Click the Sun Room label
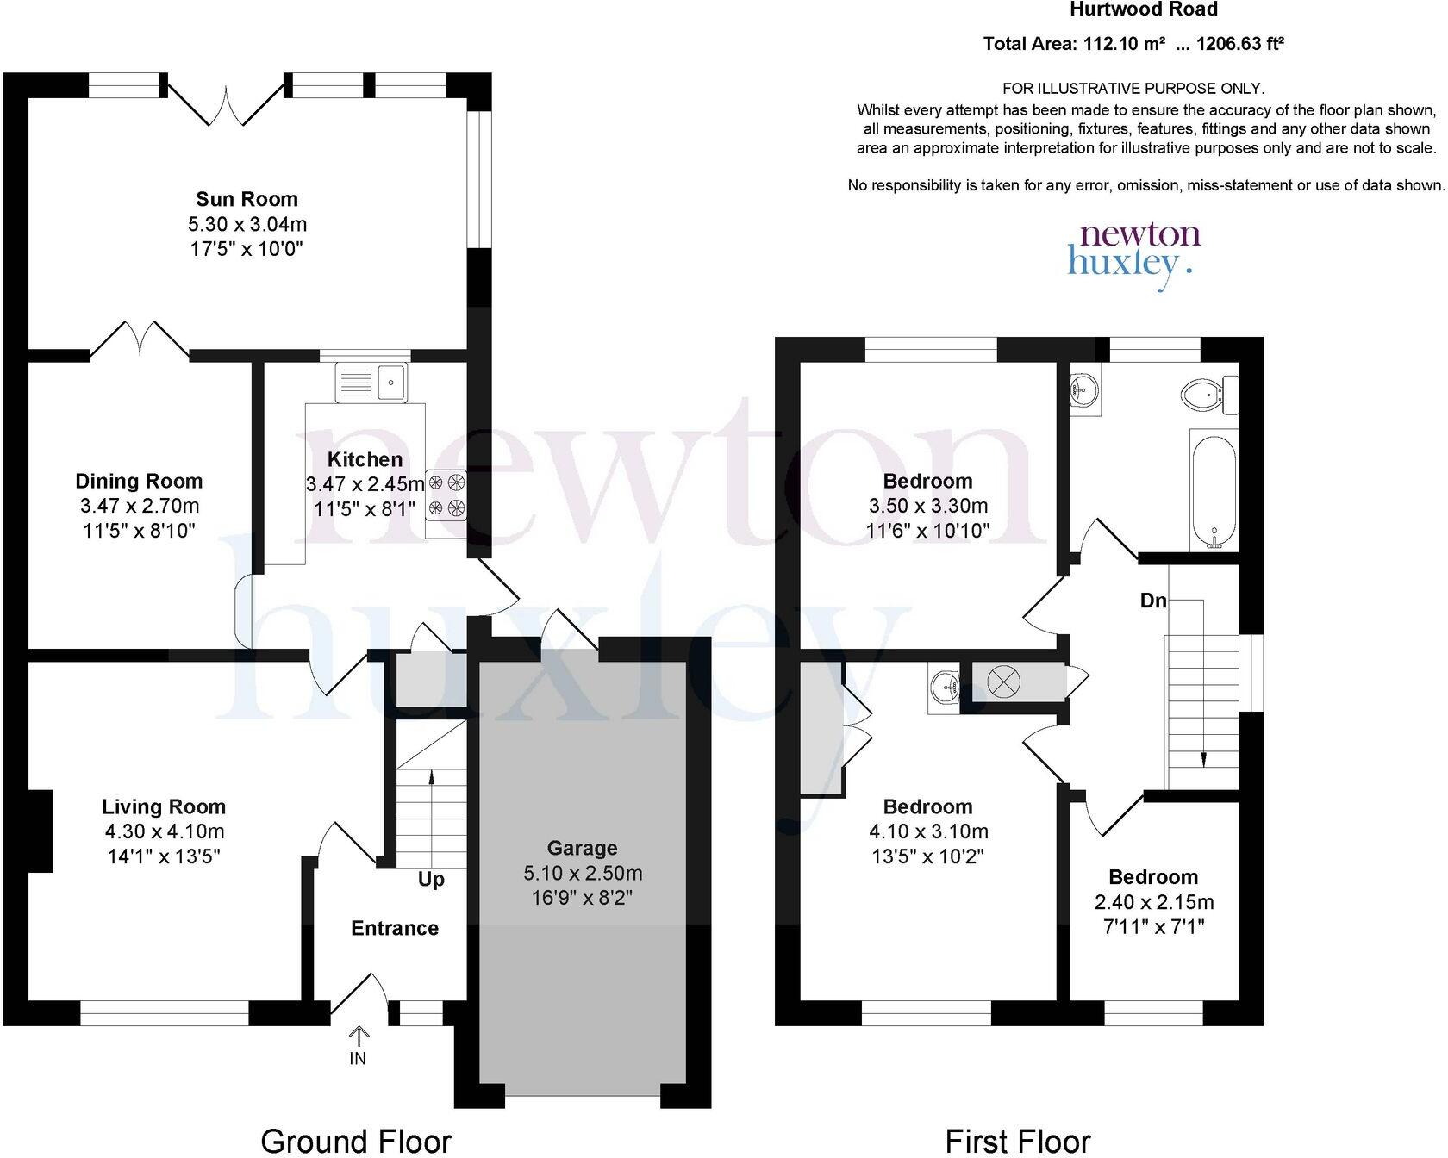click(x=247, y=199)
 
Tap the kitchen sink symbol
click(x=371, y=382)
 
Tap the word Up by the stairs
click(x=431, y=880)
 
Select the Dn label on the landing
click(x=1152, y=601)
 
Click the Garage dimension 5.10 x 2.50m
click(x=583, y=873)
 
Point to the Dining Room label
click(x=139, y=482)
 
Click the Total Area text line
click(x=1133, y=44)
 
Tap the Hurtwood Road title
click(x=1144, y=10)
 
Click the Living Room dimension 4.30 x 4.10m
click(x=164, y=831)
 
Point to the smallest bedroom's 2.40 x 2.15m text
click(x=1153, y=902)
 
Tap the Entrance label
click(x=395, y=928)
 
